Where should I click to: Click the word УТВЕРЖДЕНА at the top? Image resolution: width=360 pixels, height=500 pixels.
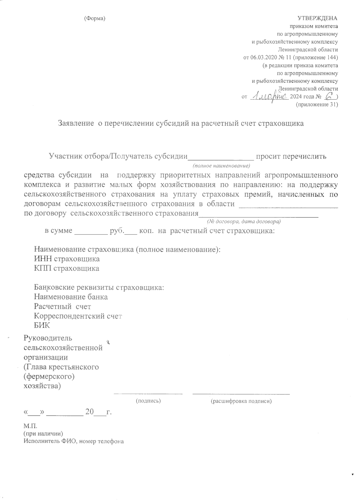[x=317, y=18]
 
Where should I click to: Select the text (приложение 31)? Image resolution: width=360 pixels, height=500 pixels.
[x=316, y=105]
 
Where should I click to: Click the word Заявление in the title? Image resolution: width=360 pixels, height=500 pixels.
[x=75, y=123]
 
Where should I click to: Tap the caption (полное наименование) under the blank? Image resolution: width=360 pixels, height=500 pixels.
[x=221, y=165]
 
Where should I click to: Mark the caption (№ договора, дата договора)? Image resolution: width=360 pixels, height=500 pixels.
[x=244, y=221]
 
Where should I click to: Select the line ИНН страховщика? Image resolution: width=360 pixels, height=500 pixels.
[x=67, y=259]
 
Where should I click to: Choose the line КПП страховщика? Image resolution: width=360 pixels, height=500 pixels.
[x=67, y=268]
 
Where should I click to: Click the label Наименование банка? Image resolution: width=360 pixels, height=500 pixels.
[x=71, y=297]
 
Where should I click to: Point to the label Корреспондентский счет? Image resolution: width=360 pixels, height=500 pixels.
[x=78, y=316]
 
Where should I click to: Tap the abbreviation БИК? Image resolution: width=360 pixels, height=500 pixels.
[x=42, y=326]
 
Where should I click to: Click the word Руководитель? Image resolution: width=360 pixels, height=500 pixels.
[x=48, y=338]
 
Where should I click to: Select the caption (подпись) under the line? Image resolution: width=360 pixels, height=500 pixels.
[x=148, y=401]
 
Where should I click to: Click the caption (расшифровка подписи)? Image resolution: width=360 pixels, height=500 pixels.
[x=241, y=401]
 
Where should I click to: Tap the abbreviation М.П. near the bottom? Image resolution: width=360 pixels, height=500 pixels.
[x=30, y=426]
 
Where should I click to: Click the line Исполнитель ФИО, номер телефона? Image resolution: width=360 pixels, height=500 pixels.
[x=73, y=441]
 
